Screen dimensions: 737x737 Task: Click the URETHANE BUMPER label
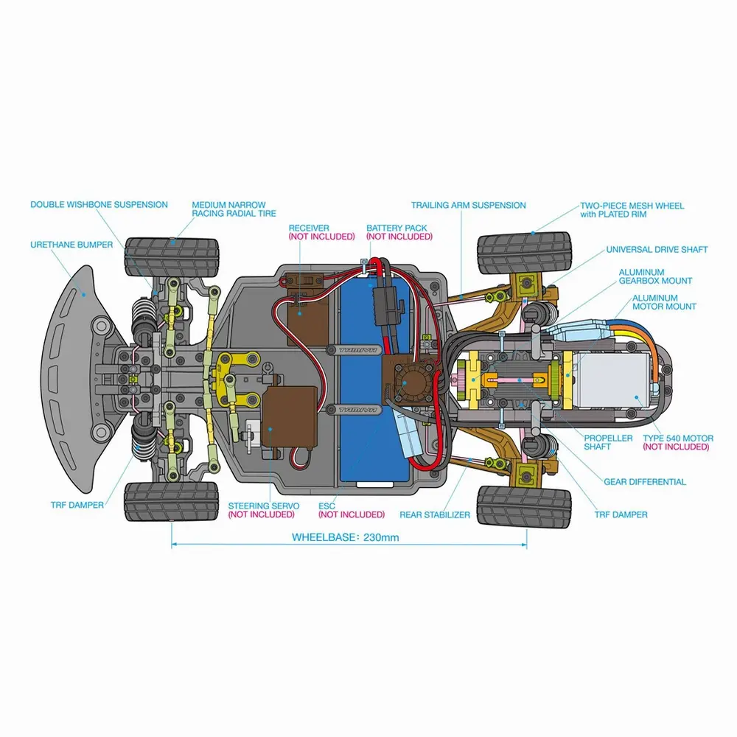point(71,245)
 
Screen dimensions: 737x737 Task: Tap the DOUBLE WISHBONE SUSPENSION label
point(99,205)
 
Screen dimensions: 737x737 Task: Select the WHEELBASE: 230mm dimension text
point(345,537)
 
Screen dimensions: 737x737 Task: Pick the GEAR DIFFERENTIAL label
point(644,482)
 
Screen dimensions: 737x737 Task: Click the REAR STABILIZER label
point(434,515)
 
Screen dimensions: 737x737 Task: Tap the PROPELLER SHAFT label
point(608,442)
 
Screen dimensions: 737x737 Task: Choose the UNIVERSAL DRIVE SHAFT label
point(657,250)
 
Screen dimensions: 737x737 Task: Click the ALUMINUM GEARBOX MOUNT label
point(655,276)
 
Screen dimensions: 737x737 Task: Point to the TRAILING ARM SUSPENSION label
point(468,205)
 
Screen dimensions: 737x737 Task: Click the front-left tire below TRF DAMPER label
point(172,500)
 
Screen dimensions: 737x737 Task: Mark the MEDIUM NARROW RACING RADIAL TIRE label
point(234,209)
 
